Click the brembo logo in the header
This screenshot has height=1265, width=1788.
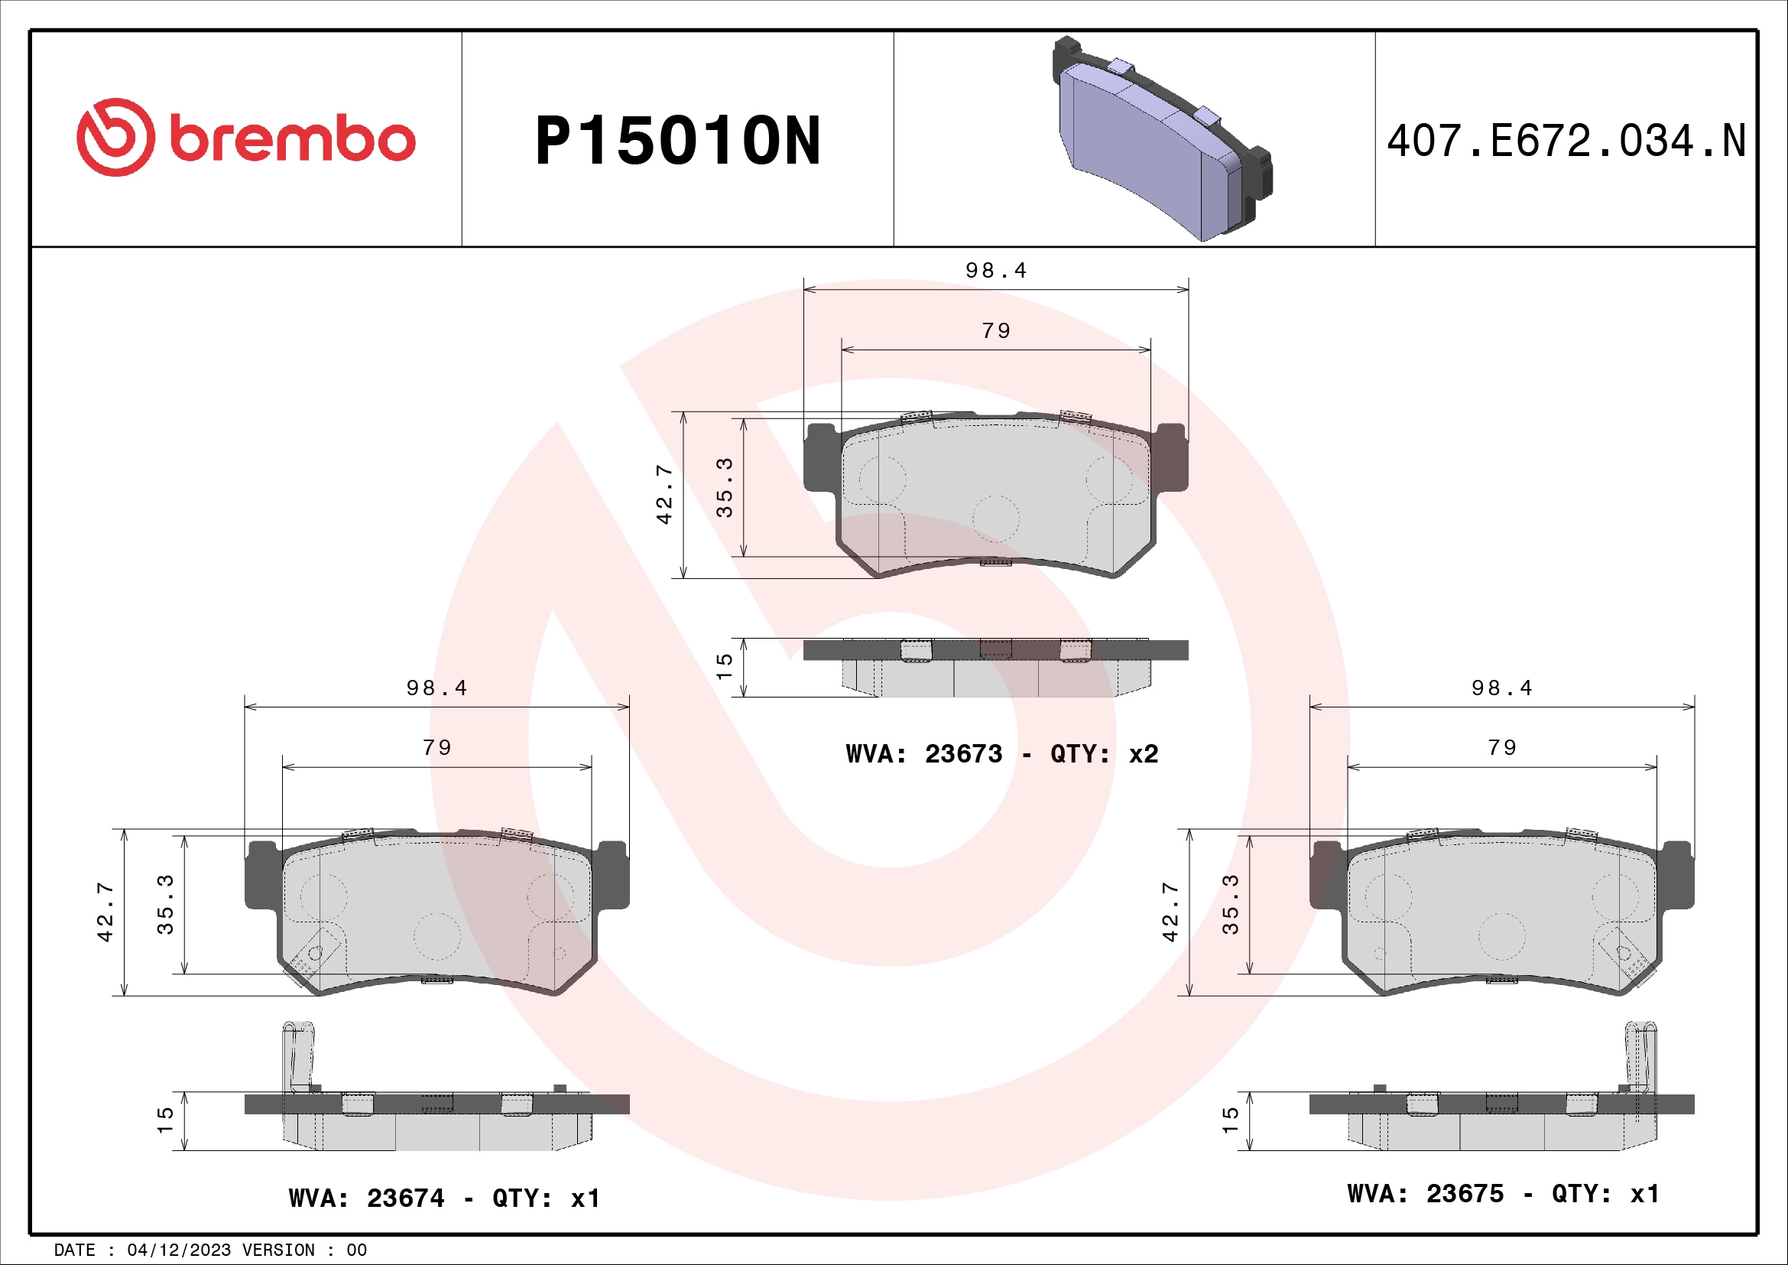pyautogui.click(x=246, y=138)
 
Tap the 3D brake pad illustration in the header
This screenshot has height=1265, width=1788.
pyautogui.click(x=1162, y=138)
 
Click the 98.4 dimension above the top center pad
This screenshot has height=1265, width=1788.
pyautogui.click(x=996, y=271)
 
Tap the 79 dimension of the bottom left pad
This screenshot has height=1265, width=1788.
pyautogui.click(x=437, y=748)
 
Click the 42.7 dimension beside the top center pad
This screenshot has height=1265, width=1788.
pyautogui.click(x=664, y=495)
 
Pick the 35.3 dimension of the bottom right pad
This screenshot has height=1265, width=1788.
pyautogui.click(x=1230, y=904)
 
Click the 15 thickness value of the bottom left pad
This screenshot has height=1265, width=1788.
pyautogui.click(x=165, y=1120)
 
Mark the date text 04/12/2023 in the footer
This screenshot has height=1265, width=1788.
pyautogui.click(x=179, y=1250)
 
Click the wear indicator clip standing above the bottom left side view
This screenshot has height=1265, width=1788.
pyautogui.click(x=298, y=1055)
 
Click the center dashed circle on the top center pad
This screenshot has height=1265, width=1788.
pyautogui.click(x=996, y=518)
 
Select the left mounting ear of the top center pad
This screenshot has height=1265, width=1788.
pyautogui.click(x=821, y=458)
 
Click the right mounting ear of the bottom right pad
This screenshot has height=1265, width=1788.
pyautogui.click(x=1676, y=875)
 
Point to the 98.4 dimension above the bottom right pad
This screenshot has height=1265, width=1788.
pyautogui.click(x=1501, y=688)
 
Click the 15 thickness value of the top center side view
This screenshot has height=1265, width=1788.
pyautogui.click(x=724, y=667)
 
